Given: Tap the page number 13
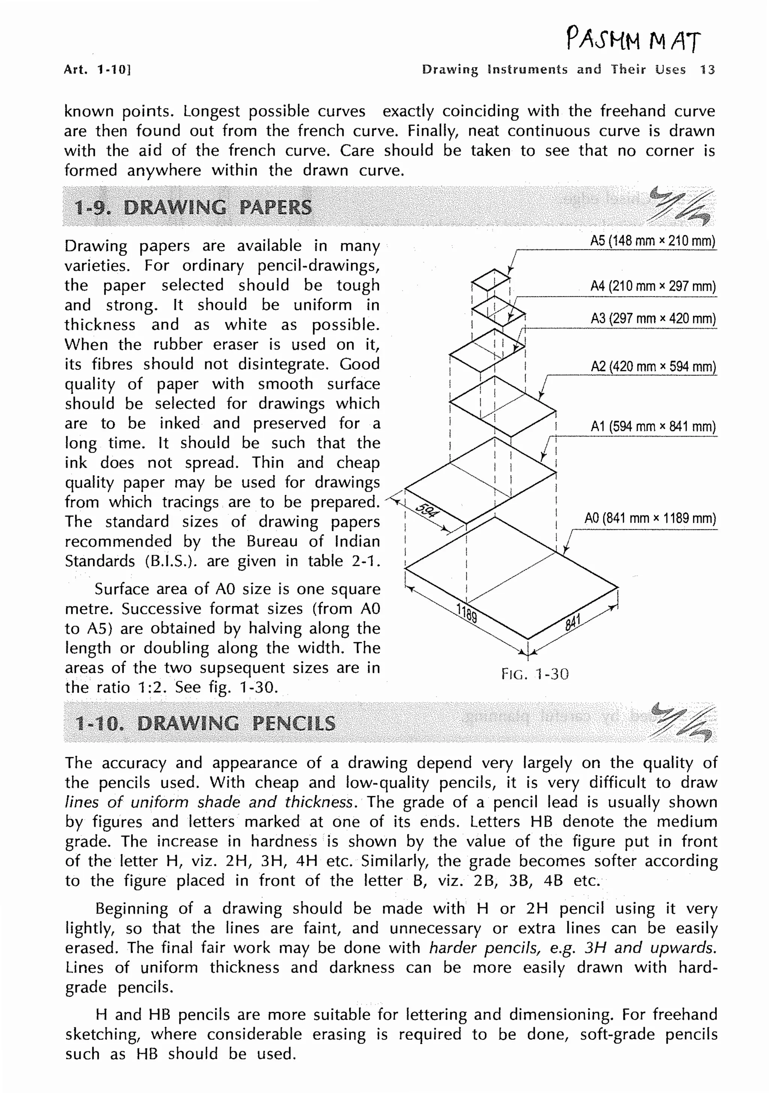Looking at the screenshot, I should point(707,70).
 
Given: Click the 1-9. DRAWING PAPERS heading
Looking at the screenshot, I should point(193,207).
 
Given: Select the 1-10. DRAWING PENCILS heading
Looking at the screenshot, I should point(205,723).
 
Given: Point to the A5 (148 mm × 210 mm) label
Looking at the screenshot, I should point(653,241).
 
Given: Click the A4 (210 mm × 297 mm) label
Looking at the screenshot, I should point(653,286).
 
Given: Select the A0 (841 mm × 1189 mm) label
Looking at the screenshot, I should point(650,518).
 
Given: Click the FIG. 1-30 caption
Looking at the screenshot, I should point(535,674).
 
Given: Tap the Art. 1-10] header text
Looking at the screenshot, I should point(97,70).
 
